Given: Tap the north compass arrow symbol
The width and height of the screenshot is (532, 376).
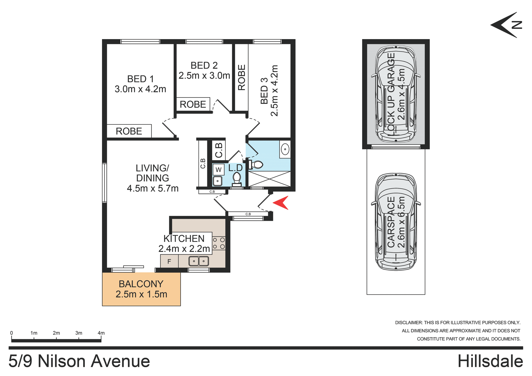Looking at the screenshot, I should click(507, 25).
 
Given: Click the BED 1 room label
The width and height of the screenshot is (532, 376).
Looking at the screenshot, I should click(140, 79).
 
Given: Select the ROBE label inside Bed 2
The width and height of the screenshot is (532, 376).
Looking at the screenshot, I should click(193, 104).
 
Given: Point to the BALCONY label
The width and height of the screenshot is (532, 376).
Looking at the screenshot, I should click(141, 284).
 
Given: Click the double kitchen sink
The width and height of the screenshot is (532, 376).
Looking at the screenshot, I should click(199, 261).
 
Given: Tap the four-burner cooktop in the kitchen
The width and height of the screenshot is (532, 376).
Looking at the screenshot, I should click(219, 243).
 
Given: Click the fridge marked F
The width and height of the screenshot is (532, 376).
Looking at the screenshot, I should click(169, 261).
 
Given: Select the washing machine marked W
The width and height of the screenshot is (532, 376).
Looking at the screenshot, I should click(218, 170).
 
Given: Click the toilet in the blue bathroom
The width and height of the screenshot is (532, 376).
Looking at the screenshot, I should click(256, 165).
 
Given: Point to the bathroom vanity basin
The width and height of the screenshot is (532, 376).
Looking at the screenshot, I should click(285, 149).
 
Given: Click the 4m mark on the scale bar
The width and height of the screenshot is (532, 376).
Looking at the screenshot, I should click(101, 333).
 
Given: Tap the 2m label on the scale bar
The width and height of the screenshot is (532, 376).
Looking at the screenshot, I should click(56, 333).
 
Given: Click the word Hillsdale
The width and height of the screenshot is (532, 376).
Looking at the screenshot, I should click(490, 361).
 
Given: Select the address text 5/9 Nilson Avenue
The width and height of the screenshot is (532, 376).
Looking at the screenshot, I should click(79, 361).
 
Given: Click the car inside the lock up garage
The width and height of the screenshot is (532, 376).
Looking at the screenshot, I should click(396, 94).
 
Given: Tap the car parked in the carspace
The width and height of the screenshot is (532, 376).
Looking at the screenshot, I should click(396, 222).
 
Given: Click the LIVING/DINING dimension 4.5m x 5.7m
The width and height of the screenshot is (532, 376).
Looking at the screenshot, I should click(153, 188).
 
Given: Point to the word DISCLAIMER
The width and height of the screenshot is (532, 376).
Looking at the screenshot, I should click(409, 323).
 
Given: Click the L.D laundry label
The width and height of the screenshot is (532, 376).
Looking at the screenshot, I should click(235, 168).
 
